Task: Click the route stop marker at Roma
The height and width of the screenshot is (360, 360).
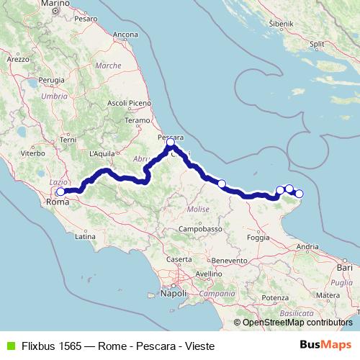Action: (x=60, y=192)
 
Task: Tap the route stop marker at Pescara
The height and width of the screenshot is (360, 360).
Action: (x=171, y=143)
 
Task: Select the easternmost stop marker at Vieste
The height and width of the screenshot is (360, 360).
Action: (x=300, y=193)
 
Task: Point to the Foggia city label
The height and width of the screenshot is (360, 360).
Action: (x=258, y=237)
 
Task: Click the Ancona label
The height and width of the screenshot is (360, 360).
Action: (x=125, y=35)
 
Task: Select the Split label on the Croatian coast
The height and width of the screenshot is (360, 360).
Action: (x=316, y=44)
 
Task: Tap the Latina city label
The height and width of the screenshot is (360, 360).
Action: (x=85, y=235)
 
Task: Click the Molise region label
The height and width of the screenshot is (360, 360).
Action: (x=197, y=208)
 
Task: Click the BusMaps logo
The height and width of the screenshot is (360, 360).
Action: (x=328, y=345)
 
